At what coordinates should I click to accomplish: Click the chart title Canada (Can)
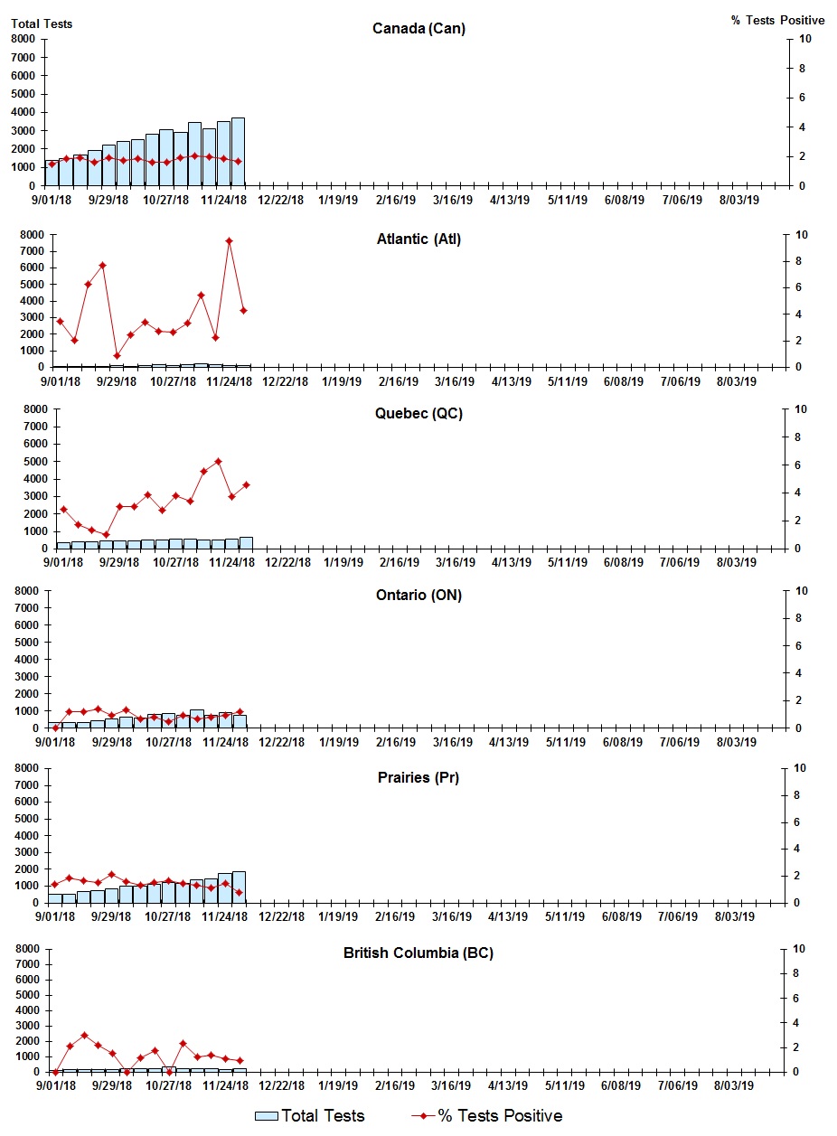coord(418,29)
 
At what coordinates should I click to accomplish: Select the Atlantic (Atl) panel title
coord(418,239)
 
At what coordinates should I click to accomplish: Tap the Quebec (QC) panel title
coord(418,414)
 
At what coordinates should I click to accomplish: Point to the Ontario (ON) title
coord(418,595)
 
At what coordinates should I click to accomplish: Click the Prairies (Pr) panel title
coord(418,777)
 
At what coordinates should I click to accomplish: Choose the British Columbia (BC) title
coord(418,953)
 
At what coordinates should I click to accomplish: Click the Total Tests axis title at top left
coord(42,23)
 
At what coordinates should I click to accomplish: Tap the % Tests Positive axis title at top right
coord(777,20)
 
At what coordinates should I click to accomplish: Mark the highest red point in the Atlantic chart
coord(230,241)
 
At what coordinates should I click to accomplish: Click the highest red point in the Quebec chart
coord(218,462)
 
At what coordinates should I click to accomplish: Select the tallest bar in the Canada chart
coord(238,151)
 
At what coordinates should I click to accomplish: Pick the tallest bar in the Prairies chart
coord(239,887)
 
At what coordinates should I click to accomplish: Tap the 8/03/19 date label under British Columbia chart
coord(738,1085)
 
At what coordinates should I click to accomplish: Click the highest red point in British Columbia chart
coord(84,1036)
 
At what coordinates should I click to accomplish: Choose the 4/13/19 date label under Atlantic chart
coord(512,381)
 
